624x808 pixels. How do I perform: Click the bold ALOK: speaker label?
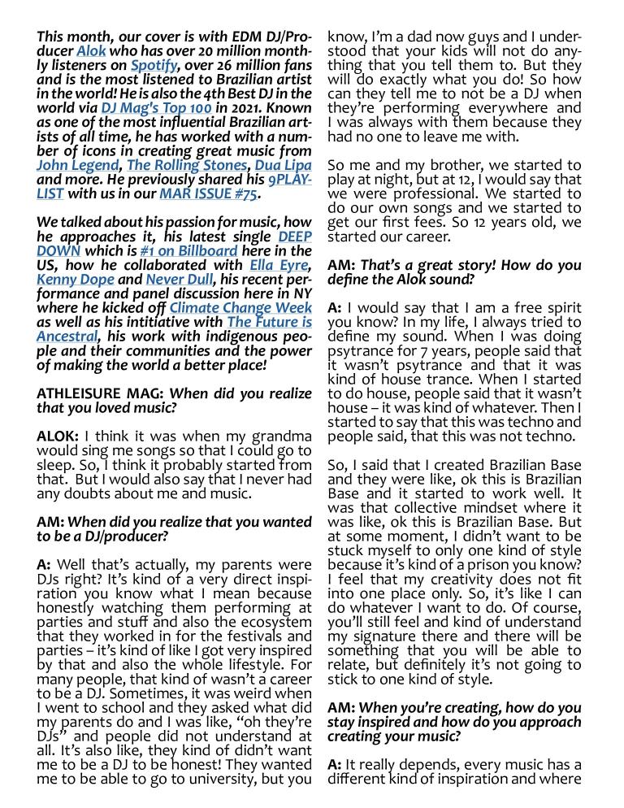coord(58,436)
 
